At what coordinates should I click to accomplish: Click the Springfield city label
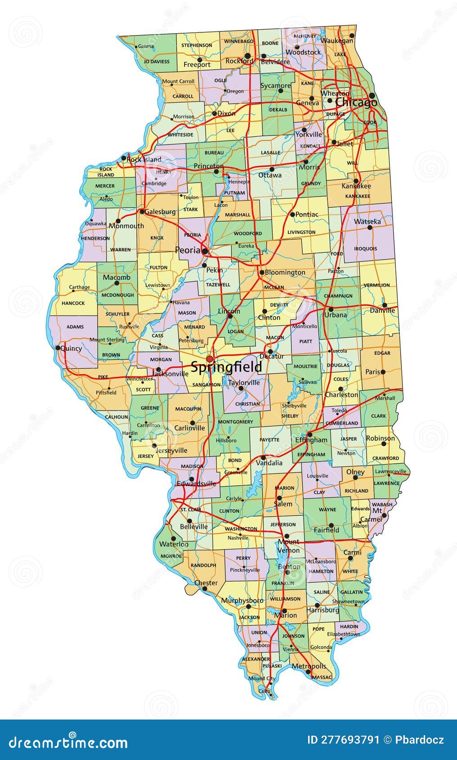point(226,367)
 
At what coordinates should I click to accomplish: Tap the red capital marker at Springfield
point(209,359)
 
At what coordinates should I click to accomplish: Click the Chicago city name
point(356,103)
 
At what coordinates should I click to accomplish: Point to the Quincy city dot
point(58,348)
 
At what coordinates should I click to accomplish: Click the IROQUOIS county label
point(365,248)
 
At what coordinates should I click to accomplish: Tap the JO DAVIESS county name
point(157,62)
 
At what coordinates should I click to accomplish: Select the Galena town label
point(146,46)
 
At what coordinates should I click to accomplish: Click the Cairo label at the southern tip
point(264,690)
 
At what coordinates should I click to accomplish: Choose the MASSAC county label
point(322,677)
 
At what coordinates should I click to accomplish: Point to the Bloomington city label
point(285,272)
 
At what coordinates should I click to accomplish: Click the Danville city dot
point(385,305)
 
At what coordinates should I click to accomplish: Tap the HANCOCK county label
point(73,303)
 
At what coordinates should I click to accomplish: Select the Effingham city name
point(311,439)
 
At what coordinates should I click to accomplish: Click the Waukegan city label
point(337,40)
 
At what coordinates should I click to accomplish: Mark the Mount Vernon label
point(288,546)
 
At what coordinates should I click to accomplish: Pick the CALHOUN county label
point(116,417)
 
